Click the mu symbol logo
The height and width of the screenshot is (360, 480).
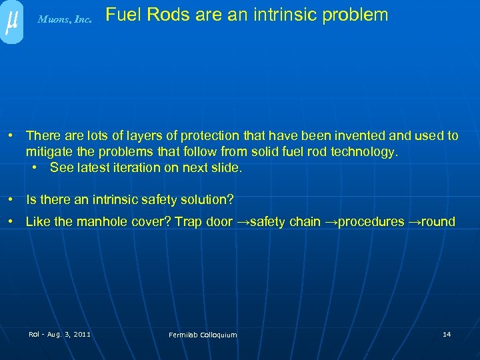point(11,21)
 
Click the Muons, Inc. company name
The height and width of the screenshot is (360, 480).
point(65,20)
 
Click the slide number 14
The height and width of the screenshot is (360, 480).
point(447,333)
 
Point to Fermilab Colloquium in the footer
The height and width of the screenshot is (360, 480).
point(203,335)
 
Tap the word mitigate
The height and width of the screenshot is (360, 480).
point(48,152)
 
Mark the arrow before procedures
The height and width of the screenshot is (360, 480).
point(331,222)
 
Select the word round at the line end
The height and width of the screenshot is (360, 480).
point(437,222)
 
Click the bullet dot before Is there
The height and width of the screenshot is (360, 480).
point(11,199)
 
